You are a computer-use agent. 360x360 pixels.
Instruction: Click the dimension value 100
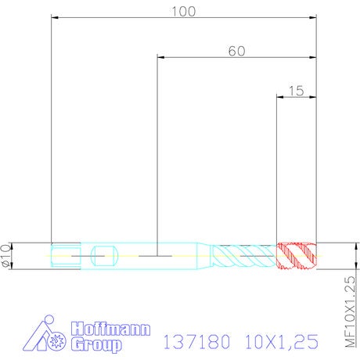tap(183, 12)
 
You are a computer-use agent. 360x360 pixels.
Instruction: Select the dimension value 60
tap(236, 51)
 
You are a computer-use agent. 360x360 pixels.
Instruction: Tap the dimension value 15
tap(297, 91)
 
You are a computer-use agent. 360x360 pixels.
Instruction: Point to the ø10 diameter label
tap(6, 256)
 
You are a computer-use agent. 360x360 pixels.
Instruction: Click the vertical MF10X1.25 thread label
tap(350, 311)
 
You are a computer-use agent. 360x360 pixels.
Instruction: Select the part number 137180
tap(196, 341)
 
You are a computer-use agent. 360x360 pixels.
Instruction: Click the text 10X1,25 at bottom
tap(282, 341)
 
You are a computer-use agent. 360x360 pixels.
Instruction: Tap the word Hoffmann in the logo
tap(110, 329)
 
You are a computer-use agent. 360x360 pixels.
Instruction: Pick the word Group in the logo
tap(96, 344)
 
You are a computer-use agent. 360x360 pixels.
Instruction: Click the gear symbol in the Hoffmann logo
tap(56, 341)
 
